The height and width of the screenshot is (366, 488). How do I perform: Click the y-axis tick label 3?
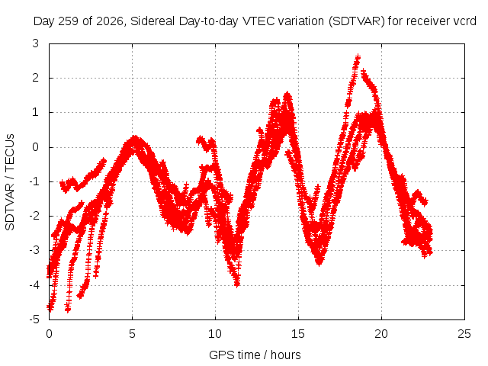(36, 43)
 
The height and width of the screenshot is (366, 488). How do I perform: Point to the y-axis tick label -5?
(34, 319)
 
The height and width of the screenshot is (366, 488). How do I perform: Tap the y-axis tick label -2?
(34, 216)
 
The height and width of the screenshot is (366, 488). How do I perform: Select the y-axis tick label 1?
(36, 112)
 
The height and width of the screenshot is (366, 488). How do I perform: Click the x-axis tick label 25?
(464, 334)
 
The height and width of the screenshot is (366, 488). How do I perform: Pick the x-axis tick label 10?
(215, 334)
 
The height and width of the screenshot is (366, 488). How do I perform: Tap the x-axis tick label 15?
(298, 334)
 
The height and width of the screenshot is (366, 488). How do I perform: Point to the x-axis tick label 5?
(132, 334)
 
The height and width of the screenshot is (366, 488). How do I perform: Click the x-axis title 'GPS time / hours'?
(255, 355)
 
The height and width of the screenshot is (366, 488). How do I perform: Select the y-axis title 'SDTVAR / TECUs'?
(10, 182)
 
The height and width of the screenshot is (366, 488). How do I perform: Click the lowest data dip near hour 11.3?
(237, 284)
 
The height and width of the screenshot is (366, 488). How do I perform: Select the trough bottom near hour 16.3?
(319, 263)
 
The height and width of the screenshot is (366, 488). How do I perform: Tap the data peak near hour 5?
(134, 137)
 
